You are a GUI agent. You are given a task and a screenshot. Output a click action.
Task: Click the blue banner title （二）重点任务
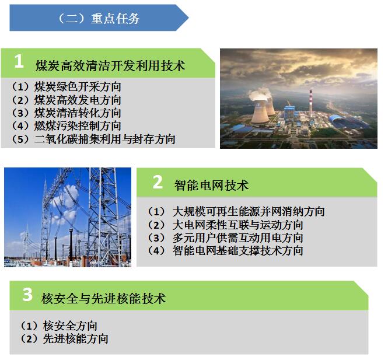99,18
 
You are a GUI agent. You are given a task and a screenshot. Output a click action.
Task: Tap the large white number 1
19,61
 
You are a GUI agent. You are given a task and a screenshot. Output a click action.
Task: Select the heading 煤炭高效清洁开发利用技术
110,66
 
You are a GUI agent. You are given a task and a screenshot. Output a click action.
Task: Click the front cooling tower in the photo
260,112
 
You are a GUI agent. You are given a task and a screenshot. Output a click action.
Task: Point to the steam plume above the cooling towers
260,93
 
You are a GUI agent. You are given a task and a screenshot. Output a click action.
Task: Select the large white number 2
158,183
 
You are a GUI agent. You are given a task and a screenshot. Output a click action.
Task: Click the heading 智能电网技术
212,186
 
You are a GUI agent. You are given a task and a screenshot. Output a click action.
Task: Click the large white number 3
28,295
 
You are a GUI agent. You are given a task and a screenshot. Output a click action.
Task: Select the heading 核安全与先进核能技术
103,298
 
